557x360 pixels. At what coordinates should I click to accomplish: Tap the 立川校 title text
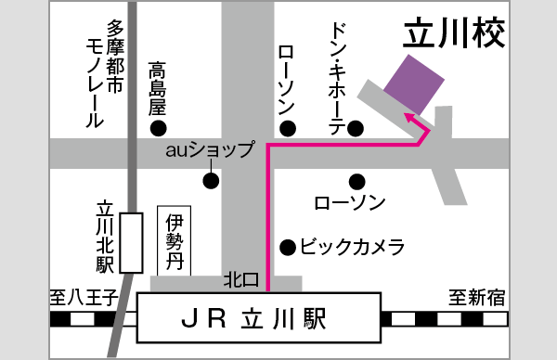pos(455,35)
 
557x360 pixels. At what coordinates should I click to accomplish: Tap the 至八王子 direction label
pos(83,298)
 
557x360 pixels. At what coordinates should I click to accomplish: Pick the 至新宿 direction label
pos(477,298)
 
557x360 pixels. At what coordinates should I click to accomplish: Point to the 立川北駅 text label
pos(104,238)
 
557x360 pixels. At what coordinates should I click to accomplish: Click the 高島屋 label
pos(159,88)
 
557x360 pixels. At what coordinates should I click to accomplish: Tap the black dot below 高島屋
pos(160,127)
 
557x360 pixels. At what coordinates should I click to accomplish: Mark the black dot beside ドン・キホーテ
pos(354,128)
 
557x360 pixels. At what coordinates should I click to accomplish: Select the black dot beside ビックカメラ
pos(288,247)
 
